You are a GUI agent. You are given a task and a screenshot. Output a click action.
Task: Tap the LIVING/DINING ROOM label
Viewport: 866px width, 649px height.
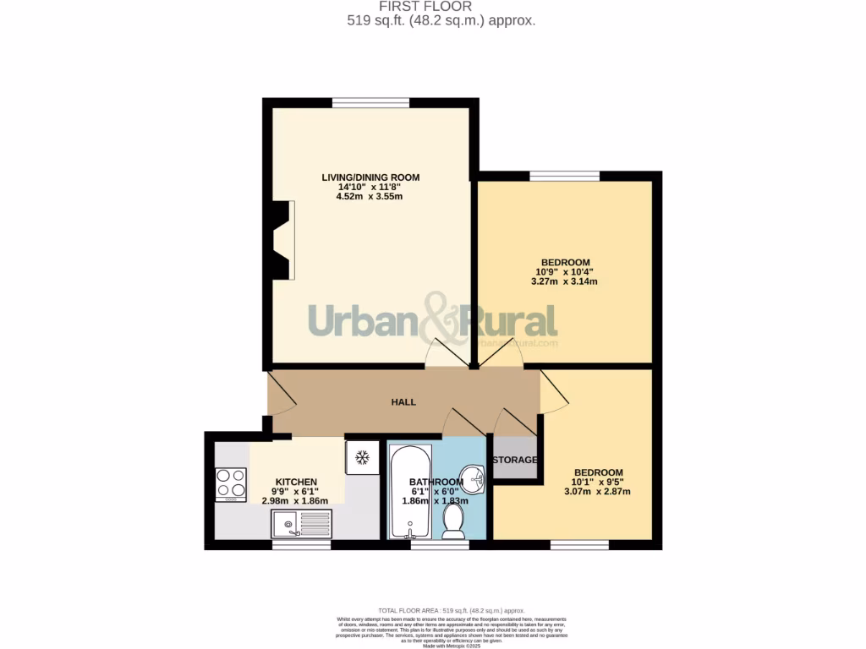370,177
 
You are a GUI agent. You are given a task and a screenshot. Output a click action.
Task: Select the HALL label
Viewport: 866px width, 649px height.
403,402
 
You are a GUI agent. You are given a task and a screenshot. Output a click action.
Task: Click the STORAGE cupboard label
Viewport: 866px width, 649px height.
515,460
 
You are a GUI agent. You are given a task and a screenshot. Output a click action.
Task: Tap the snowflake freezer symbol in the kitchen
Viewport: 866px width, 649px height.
362,457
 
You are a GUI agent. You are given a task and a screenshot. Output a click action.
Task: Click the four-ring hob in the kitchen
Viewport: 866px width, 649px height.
230,484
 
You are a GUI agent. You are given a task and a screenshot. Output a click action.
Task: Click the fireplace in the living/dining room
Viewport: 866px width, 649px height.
285,240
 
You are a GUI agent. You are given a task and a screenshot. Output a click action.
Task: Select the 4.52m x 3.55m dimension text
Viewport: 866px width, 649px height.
370,197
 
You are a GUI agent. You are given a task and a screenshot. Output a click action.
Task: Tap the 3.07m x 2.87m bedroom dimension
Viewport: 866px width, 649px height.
598,492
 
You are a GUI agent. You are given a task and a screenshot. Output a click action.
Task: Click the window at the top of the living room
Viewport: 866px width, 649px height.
370,103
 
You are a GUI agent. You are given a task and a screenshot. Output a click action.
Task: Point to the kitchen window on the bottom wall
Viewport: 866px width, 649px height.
301,545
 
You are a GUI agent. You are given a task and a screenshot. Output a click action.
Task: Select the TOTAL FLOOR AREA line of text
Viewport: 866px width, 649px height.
451,610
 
